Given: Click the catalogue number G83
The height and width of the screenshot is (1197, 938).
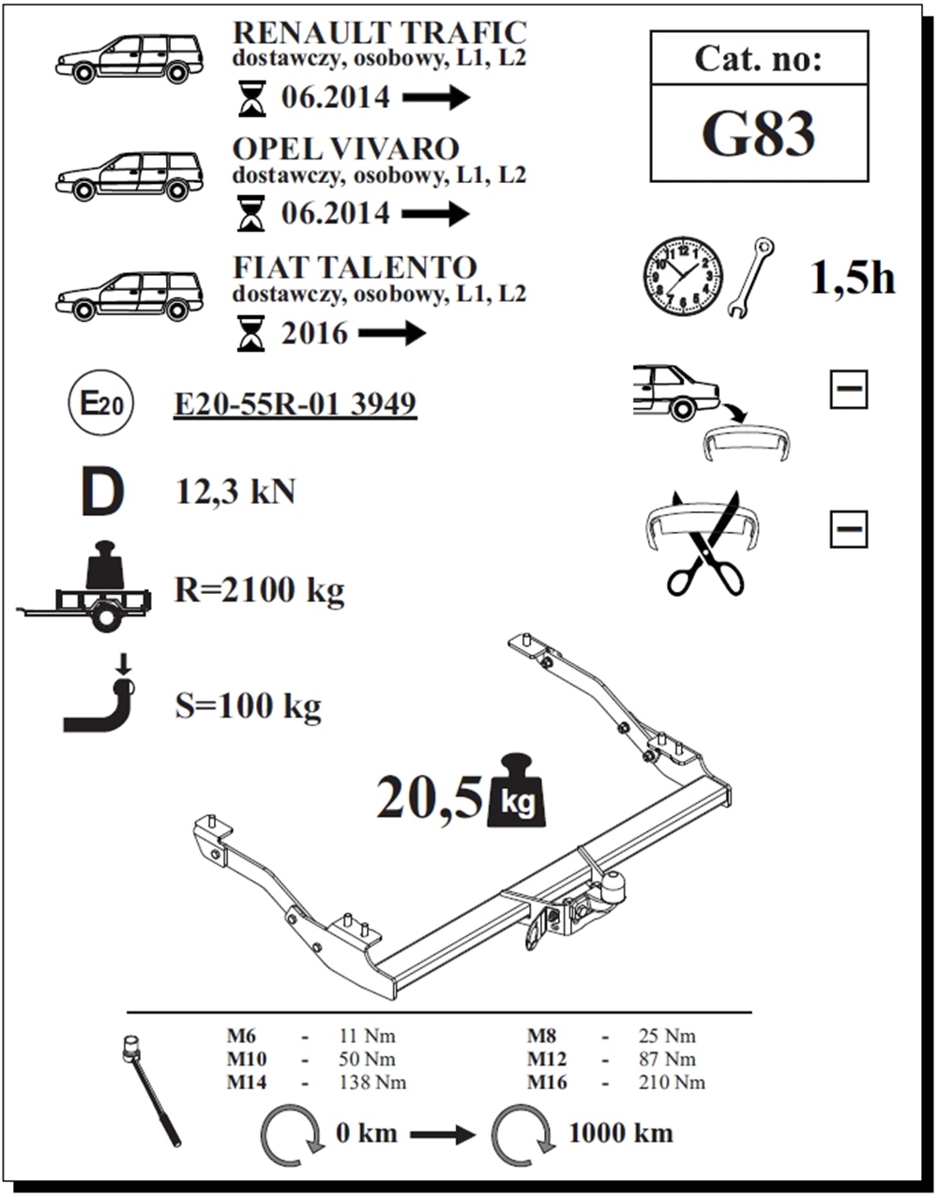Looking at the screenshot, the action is [x=758, y=134].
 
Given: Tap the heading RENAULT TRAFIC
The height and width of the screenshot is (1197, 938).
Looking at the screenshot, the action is [x=380, y=33].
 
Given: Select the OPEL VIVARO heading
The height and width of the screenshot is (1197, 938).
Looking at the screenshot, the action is [x=346, y=149].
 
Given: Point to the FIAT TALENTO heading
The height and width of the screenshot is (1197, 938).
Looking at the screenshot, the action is [x=355, y=267].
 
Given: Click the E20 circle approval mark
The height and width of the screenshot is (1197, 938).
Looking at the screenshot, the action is [x=101, y=403].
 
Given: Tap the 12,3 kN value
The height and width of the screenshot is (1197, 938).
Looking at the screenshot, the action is [x=235, y=492].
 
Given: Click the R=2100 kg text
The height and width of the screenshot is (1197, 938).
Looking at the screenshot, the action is [x=260, y=590].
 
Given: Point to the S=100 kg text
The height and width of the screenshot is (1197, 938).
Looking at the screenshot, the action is [x=248, y=705].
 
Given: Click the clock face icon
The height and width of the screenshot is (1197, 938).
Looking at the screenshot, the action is [x=684, y=276].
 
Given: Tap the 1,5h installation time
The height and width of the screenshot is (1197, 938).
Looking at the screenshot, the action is [x=852, y=279].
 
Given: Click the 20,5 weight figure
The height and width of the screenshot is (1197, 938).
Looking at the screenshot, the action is [x=430, y=797].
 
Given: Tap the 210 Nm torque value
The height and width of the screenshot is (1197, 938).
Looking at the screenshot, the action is [x=672, y=1083].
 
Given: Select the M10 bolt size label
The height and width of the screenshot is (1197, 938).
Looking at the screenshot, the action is [x=247, y=1059].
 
